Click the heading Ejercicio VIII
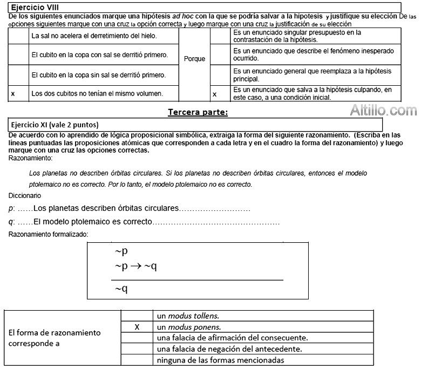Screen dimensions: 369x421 35,8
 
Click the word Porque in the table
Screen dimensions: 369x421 194,59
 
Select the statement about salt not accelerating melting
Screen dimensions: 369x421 94,36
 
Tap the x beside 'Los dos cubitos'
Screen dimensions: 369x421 13,94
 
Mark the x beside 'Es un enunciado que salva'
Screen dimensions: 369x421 214,94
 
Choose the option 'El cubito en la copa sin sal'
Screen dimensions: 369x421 98,74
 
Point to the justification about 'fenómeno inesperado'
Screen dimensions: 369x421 313,54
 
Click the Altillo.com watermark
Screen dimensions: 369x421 383,111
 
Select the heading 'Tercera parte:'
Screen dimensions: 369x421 198,112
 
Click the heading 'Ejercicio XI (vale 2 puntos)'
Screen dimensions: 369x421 55,125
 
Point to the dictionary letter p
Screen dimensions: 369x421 11,209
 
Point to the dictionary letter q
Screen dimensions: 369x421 11,222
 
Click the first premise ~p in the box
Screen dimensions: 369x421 121,251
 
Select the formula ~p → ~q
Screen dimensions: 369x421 135,266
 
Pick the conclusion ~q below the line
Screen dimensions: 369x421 121,289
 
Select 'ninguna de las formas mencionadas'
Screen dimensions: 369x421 220,360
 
